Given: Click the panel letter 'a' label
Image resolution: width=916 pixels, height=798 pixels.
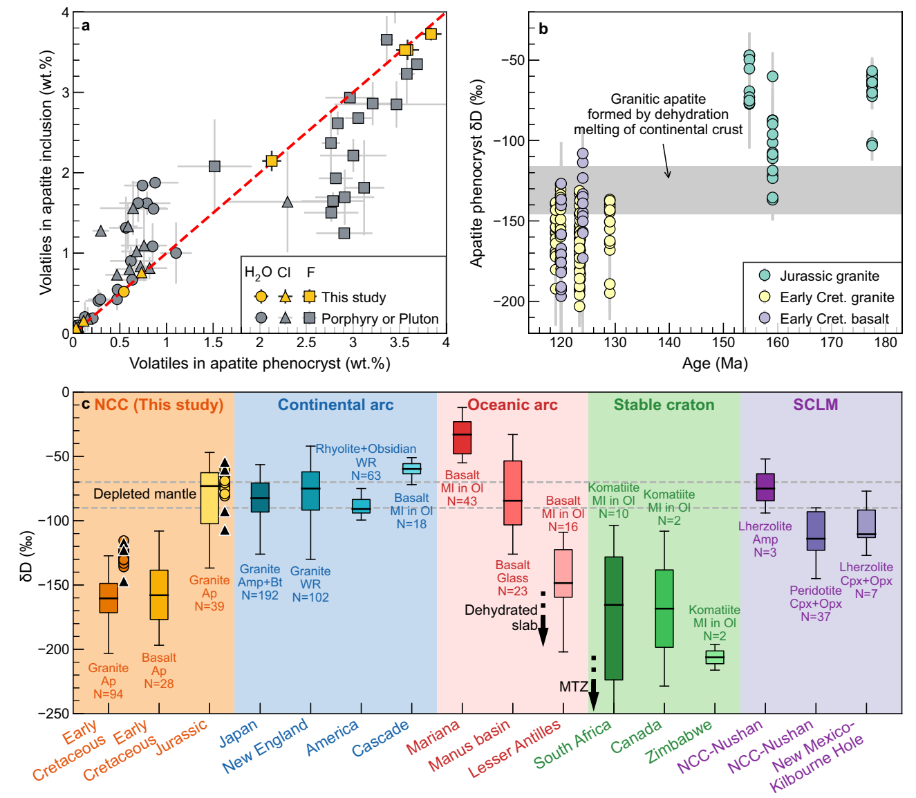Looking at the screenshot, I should pyautogui.click(x=86, y=26).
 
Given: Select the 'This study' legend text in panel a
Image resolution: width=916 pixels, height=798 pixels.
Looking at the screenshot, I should pyautogui.click(x=353, y=297).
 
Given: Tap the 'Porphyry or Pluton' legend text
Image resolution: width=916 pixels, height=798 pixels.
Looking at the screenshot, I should pyautogui.click(x=380, y=319).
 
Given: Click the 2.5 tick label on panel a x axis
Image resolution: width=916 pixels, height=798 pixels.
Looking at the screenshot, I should pyautogui.click(x=306, y=342).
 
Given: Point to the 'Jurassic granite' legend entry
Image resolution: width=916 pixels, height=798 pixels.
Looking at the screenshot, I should pyautogui.click(x=829, y=277).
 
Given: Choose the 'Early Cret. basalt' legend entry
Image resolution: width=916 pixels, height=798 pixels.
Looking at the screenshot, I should pyautogui.click(x=834, y=319).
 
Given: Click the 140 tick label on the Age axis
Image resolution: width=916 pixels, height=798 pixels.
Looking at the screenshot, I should pyautogui.click(x=669, y=342).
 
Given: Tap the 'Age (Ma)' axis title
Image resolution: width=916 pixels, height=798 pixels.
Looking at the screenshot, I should pyautogui.click(x=715, y=363).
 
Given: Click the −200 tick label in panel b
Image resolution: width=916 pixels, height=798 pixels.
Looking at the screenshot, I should pyautogui.click(x=512, y=301).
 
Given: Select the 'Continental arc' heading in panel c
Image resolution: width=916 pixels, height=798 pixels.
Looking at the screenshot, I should pyautogui.click(x=335, y=405).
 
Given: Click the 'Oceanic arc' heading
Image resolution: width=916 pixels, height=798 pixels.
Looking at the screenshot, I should pyautogui.click(x=512, y=405).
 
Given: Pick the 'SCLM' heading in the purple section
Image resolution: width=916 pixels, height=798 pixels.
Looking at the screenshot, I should pyautogui.click(x=815, y=405).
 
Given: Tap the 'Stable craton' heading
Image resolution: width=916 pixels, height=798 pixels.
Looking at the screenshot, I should pyautogui.click(x=664, y=405).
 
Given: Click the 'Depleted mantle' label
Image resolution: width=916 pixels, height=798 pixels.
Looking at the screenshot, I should pyautogui.click(x=144, y=494).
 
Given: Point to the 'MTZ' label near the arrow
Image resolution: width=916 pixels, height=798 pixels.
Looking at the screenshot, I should pyautogui.click(x=573, y=687).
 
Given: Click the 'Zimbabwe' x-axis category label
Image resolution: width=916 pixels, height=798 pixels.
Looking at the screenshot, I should pyautogui.click(x=679, y=741).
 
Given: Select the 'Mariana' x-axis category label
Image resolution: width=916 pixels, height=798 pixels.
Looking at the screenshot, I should pyautogui.click(x=433, y=738).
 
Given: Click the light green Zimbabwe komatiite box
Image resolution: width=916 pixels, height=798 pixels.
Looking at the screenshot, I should pyautogui.click(x=715, y=657).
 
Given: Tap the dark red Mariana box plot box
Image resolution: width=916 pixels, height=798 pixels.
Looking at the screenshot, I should pyautogui.click(x=462, y=438).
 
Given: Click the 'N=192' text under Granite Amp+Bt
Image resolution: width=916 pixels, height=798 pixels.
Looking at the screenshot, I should pyautogui.click(x=260, y=595).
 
